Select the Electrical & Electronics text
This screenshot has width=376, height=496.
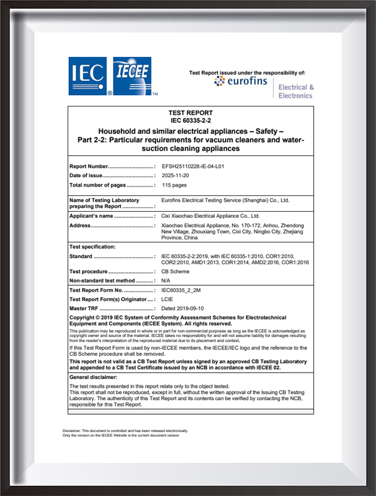tap(296, 91)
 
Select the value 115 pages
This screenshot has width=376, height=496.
tap(175, 185)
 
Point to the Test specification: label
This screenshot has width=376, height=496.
tap(92, 247)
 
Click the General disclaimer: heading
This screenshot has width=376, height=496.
tap(92, 378)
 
